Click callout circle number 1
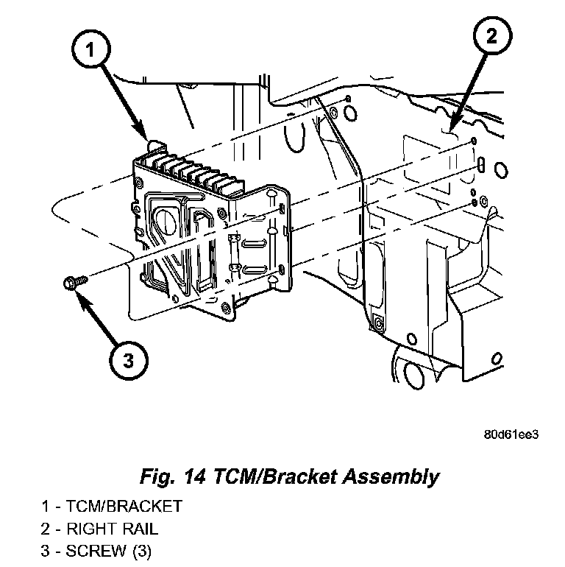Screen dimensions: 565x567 (x=90, y=49)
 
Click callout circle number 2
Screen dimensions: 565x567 (x=492, y=36)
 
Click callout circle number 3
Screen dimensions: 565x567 (x=129, y=361)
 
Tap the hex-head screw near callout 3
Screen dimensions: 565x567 (x=76, y=282)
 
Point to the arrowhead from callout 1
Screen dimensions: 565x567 (x=141, y=130)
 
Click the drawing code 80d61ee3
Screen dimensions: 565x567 (x=511, y=434)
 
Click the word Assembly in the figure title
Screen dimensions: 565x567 (x=391, y=477)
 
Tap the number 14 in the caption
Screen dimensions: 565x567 (x=195, y=476)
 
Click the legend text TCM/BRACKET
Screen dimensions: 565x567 (x=124, y=507)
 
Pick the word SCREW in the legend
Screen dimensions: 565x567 (x=96, y=551)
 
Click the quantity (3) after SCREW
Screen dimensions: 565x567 (x=142, y=552)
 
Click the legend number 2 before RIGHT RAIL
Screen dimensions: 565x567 (x=45, y=529)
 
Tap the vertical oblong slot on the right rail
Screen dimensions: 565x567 (x=481, y=164)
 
